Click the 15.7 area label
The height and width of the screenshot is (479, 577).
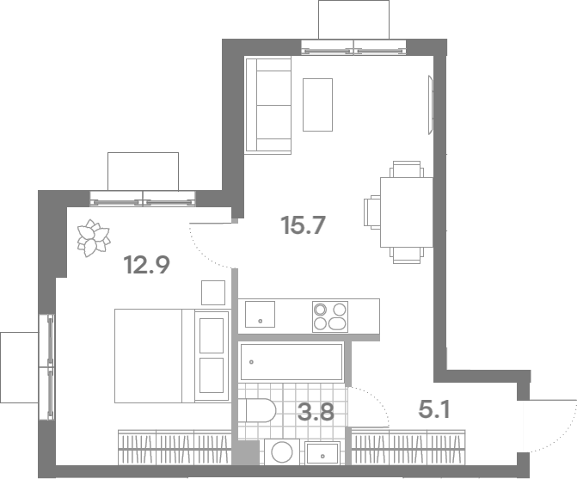(304, 225)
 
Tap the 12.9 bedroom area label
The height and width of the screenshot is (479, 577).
(147, 265)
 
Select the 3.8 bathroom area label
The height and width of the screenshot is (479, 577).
(316, 412)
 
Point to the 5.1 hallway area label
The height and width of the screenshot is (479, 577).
(434, 409)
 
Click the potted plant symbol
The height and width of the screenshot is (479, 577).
(93, 237)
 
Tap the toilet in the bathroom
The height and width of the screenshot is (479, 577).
(261, 410)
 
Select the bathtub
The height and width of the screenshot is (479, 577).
(292, 362)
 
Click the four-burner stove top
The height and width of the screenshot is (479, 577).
(330, 316)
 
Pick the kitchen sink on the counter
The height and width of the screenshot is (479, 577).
(260, 314)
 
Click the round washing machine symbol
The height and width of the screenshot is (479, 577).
(282, 451)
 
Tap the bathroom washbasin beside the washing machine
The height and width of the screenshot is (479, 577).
(322, 453)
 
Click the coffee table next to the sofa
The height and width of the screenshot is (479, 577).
(317, 105)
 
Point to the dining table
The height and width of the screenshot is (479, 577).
(406, 212)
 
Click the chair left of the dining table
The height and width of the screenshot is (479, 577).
(372, 212)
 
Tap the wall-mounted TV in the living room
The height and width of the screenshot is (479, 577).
(431, 105)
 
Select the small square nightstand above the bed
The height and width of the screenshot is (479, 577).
(213, 293)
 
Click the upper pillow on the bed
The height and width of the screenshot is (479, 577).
(212, 335)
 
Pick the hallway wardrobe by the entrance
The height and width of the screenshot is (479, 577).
(408, 447)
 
